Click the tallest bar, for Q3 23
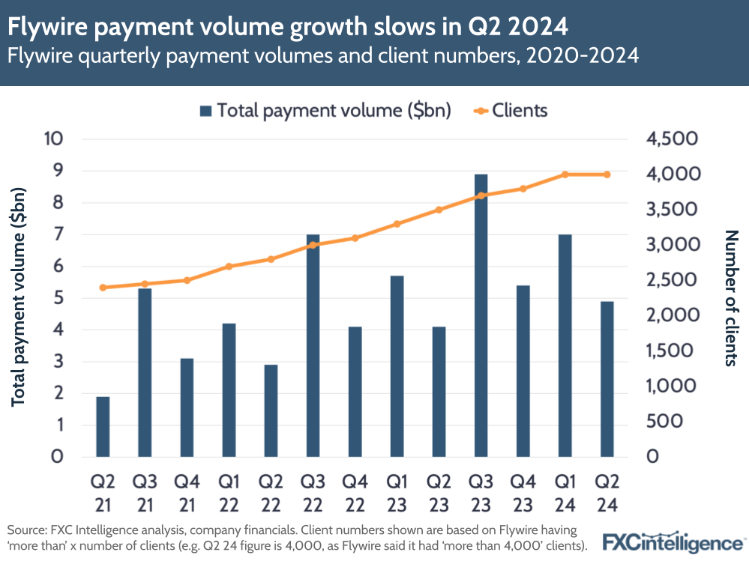point(481,315)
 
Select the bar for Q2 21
point(103,426)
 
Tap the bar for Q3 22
point(313,345)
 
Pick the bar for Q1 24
point(565,345)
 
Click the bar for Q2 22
point(271,410)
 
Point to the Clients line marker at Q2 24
point(607,175)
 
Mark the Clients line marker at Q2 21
point(103,288)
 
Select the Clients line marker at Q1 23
point(397,224)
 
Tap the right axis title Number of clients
point(730,297)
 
